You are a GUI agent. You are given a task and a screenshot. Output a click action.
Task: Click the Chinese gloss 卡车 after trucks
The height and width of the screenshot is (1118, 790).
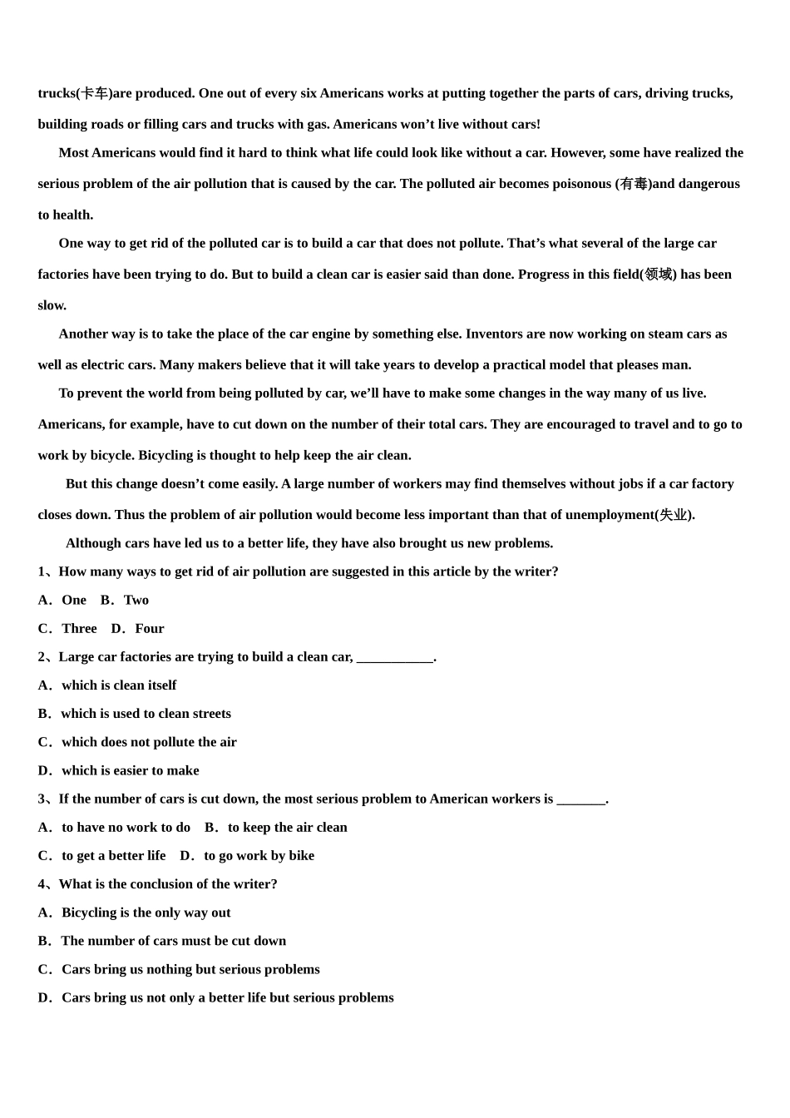[95, 93]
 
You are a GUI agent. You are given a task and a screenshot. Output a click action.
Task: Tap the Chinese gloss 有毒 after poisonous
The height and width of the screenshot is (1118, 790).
[634, 184]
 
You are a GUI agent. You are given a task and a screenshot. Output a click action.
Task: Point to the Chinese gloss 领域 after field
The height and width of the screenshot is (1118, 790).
[658, 275]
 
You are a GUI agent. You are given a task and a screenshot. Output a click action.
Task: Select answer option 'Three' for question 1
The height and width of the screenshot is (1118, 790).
[79, 629]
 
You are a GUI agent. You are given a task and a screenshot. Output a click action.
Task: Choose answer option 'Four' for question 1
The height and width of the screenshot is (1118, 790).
[150, 629]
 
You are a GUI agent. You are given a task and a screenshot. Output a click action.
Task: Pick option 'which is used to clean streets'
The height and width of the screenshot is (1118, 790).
[146, 714]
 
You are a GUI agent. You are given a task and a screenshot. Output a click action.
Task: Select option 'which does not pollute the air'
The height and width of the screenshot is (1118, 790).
[149, 742]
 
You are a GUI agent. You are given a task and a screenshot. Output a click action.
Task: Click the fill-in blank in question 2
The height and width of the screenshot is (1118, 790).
[394, 657]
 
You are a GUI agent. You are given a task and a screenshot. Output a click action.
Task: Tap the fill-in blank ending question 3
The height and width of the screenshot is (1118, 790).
[580, 799]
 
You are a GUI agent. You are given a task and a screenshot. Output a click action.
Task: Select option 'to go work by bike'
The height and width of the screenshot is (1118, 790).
[259, 856]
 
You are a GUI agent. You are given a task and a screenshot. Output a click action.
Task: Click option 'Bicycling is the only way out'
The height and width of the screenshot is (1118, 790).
[146, 913]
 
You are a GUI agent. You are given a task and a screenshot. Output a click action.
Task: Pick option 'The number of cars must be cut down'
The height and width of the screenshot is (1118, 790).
[173, 941]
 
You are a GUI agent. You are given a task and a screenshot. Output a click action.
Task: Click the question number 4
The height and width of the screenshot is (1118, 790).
[42, 884]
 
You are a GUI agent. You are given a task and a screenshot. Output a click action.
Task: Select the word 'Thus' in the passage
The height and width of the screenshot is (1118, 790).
[129, 515]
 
